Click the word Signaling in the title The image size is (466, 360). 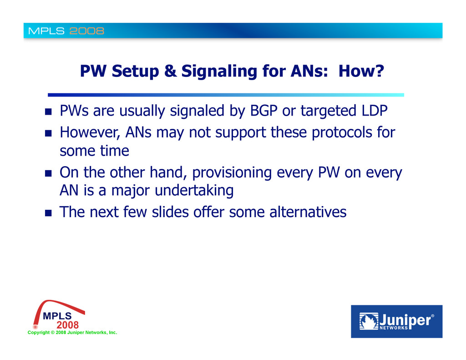[x=219, y=71]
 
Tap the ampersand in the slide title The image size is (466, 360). [x=170, y=71]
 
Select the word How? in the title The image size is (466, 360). [x=361, y=71]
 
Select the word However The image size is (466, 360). [x=90, y=132]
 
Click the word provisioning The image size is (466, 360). [x=232, y=172]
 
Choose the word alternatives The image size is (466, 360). [x=308, y=212]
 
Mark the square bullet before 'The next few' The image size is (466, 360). [x=48, y=213]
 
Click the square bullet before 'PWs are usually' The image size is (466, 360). [x=48, y=112]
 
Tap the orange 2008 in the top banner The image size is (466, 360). [x=87, y=31]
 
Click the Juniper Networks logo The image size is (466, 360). [x=396, y=321]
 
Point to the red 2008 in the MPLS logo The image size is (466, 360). [x=68, y=325]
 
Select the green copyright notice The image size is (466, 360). [x=72, y=332]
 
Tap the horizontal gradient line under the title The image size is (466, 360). [x=226, y=95]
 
